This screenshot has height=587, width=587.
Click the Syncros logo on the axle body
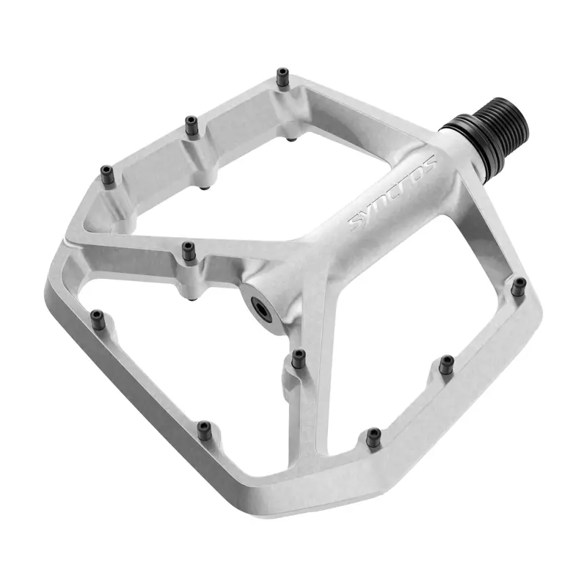[393, 192]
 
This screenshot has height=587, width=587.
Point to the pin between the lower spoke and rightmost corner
[446, 363]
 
